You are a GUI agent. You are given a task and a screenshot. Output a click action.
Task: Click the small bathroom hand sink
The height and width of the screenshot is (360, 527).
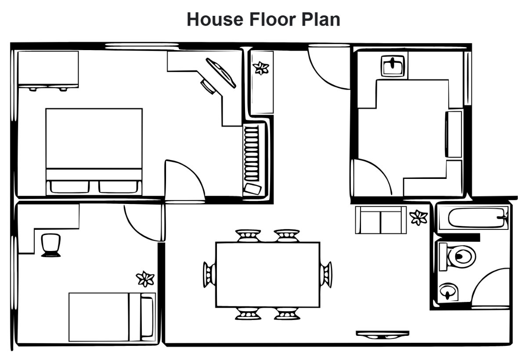point(448,291)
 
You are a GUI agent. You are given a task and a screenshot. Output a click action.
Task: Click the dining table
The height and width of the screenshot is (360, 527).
point(267,274)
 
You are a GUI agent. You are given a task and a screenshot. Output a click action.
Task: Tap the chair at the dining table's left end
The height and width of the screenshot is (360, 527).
point(209,274)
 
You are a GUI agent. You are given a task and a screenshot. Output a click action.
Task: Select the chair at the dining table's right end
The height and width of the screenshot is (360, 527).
point(326,274)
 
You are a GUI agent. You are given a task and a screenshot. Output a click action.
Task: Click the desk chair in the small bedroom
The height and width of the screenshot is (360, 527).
point(51,245)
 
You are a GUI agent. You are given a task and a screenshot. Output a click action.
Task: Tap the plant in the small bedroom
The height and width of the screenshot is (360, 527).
point(145,279)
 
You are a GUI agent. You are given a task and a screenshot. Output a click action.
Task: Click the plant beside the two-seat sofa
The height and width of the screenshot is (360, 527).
point(418,217)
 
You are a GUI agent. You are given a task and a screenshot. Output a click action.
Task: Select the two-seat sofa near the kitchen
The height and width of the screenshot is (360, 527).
point(380,219)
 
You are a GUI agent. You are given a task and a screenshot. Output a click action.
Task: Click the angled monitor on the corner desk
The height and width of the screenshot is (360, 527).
point(221,73)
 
